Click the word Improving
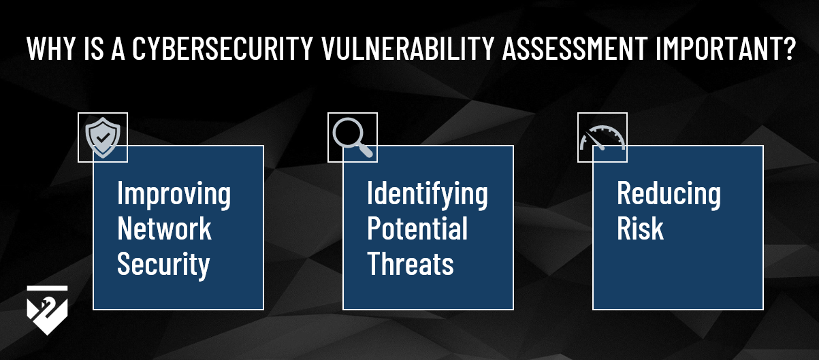point(174,195)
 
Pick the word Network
point(164,229)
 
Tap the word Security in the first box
point(163,264)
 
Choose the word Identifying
point(428,195)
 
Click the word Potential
point(417,229)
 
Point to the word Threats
point(410,264)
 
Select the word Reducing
point(669,195)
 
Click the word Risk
point(640,229)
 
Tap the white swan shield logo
point(47,310)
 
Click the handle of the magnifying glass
point(365,150)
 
